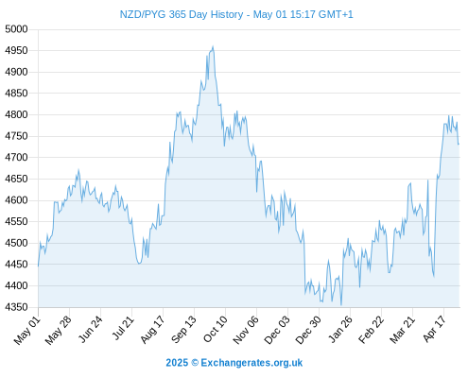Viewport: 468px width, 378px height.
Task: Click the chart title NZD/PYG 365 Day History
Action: (x=182, y=14)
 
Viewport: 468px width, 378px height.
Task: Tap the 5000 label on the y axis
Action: (x=16, y=29)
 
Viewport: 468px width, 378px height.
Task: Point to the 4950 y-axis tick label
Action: (x=16, y=50)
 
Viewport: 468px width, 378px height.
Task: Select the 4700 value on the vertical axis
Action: (x=16, y=157)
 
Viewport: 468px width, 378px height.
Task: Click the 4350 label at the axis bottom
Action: (x=16, y=307)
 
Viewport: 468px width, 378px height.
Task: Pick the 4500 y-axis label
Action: (x=16, y=243)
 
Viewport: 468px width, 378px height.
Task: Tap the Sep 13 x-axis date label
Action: (x=184, y=329)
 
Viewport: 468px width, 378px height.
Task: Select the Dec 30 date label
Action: (x=308, y=330)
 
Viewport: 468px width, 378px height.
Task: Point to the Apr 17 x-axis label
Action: (x=435, y=329)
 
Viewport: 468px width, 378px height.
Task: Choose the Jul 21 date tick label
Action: (x=123, y=328)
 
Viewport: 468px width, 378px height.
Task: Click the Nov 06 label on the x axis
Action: (x=246, y=330)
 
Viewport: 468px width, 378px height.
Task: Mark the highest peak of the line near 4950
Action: (x=213, y=46)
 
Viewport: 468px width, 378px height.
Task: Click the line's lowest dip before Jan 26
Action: (x=341, y=305)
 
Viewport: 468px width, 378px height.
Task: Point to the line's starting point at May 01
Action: (x=39, y=266)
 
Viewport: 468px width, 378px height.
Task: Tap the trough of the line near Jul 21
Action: (x=139, y=264)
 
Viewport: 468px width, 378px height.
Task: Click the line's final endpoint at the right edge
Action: (x=459, y=145)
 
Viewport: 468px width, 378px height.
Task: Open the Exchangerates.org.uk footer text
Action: (x=251, y=363)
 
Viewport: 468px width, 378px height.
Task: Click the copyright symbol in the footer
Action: (x=195, y=363)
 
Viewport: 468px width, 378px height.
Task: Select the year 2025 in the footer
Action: (x=177, y=363)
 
